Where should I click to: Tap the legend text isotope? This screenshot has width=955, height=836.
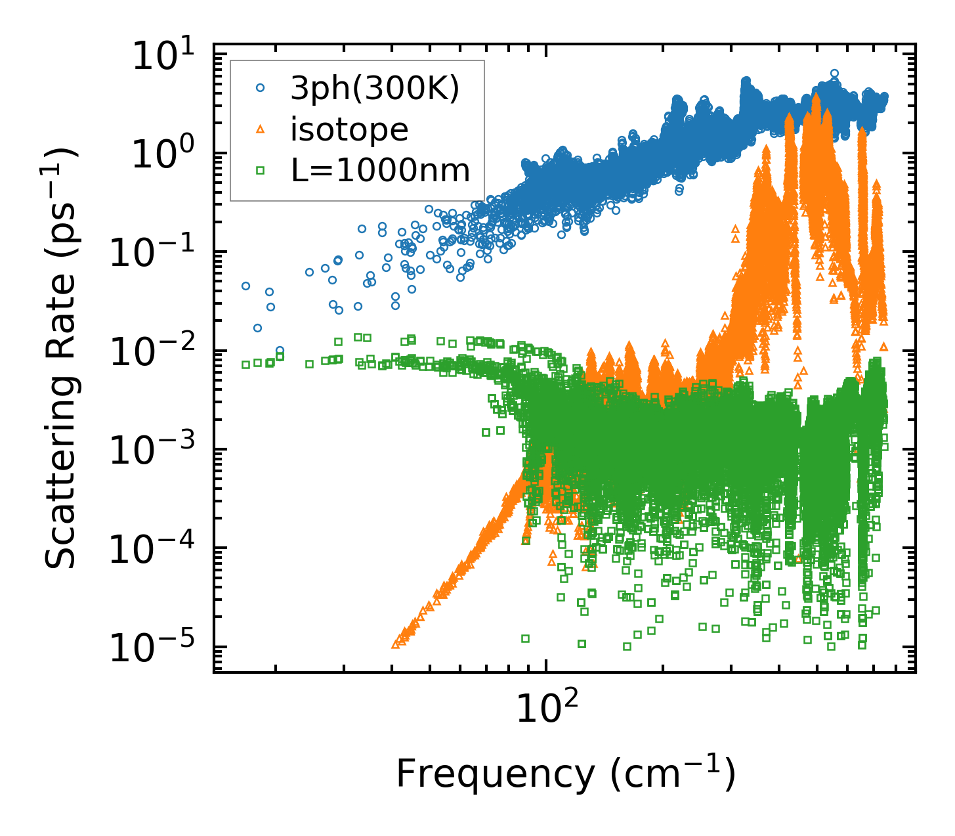tap(349, 129)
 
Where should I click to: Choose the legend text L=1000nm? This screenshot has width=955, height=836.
tap(381, 171)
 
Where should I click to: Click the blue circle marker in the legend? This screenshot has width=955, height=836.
tap(260, 89)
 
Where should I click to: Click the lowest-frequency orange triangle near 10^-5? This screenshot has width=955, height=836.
tap(395, 644)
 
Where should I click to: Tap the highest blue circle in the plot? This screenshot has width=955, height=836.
tap(834, 74)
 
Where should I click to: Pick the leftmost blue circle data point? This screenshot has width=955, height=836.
tap(245, 286)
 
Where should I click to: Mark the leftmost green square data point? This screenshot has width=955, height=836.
tap(245, 364)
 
